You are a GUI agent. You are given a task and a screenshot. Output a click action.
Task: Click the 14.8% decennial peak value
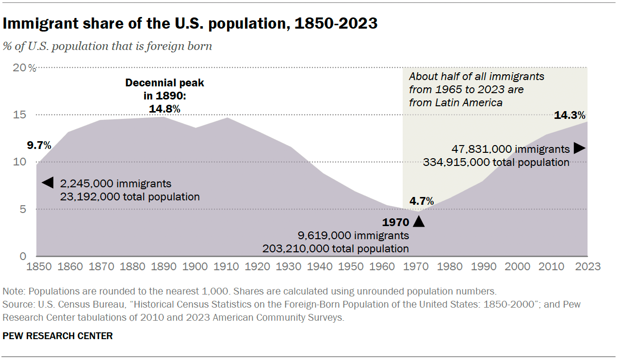click(164, 109)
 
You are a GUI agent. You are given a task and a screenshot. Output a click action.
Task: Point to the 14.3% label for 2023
click(570, 115)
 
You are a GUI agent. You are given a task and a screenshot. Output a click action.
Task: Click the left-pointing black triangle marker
click(47, 183)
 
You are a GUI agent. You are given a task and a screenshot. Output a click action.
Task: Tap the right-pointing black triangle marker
click(579, 148)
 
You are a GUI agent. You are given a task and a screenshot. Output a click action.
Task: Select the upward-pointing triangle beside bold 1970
click(419, 222)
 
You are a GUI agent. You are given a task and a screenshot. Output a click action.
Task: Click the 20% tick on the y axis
click(24, 68)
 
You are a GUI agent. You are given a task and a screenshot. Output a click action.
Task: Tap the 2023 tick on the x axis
click(588, 267)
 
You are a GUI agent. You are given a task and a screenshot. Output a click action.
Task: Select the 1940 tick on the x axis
click(320, 267)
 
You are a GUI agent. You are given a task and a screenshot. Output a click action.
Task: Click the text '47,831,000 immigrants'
click(510, 149)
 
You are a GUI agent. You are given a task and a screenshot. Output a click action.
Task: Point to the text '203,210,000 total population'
click(336, 248)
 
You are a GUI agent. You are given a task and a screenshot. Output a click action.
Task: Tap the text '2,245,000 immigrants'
click(115, 183)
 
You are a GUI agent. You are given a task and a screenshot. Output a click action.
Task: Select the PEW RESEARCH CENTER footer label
click(57, 336)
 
